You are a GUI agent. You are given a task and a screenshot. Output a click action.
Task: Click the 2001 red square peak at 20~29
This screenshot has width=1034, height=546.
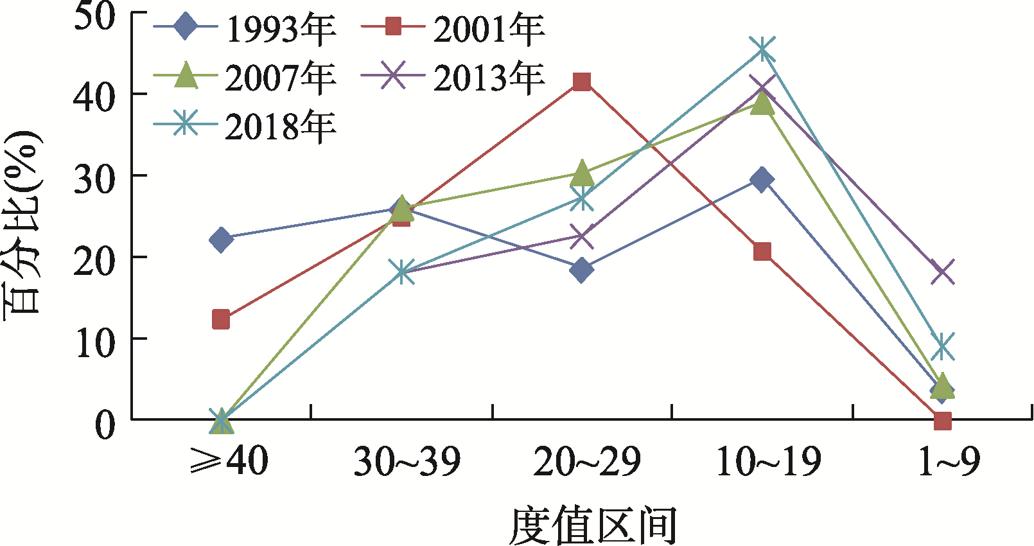tap(581, 82)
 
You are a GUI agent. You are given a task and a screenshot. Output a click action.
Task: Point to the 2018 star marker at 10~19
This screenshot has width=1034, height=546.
tap(762, 49)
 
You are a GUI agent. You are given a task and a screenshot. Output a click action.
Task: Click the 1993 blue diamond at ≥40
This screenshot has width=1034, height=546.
tap(220, 240)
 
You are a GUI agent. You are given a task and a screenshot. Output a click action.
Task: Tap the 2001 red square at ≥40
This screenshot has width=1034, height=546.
tap(220, 319)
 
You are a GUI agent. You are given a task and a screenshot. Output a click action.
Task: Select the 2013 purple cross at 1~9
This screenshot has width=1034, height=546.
tap(942, 272)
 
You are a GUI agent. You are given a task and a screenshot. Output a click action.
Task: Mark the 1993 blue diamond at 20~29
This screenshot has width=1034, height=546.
tap(581, 270)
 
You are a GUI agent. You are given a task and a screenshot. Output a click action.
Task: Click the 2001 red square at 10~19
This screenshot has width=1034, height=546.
tap(762, 251)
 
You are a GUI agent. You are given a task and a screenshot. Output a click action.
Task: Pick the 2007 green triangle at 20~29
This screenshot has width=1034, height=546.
tap(581, 172)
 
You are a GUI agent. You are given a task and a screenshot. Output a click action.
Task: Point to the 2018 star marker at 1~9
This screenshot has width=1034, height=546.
tap(942, 346)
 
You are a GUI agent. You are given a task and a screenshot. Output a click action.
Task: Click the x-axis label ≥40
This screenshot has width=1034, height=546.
tap(229, 461)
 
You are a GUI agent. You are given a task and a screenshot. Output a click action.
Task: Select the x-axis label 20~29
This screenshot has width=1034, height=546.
tap(587, 461)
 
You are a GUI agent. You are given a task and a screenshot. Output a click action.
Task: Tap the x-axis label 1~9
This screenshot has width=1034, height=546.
tap(949, 461)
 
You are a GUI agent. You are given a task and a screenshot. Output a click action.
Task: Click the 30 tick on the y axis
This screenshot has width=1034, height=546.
tap(94, 177)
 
